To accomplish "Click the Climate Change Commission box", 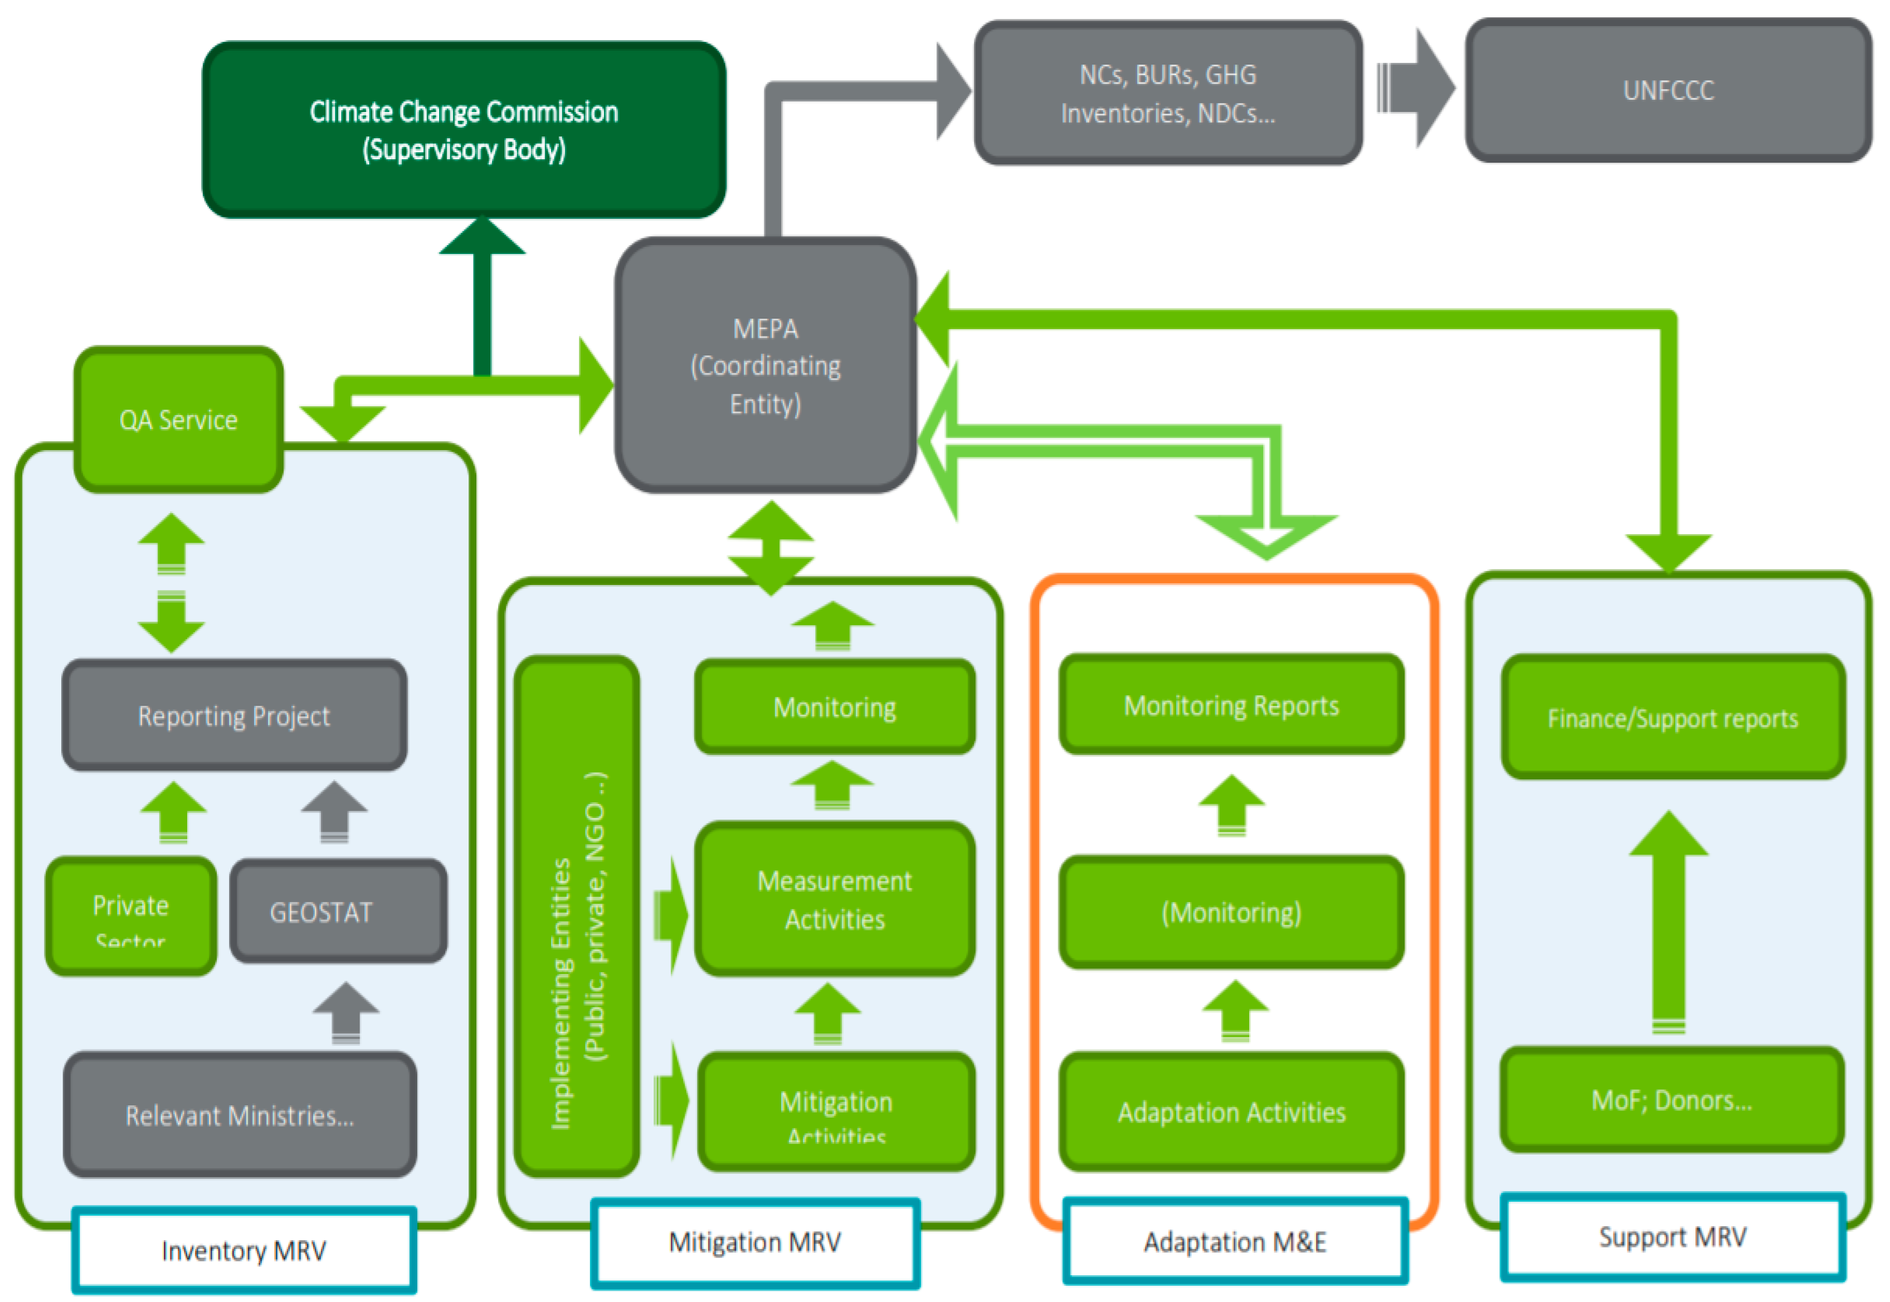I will [464, 130].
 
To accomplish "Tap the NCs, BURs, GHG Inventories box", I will [1167, 93].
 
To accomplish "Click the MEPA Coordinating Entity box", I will [765, 365].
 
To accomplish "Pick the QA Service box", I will [179, 420].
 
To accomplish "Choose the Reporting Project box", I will [234, 715].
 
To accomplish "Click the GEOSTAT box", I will [338, 911].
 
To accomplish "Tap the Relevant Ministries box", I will [240, 1114].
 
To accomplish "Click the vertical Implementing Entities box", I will [577, 915].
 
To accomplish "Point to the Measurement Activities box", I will [835, 899].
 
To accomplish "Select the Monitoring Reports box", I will [1231, 705].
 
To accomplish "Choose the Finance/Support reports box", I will [1672, 717].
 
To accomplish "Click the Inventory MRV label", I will [244, 1250].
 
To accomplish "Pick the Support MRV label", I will [1672, 1237].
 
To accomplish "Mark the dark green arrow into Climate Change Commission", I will [482, 294].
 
